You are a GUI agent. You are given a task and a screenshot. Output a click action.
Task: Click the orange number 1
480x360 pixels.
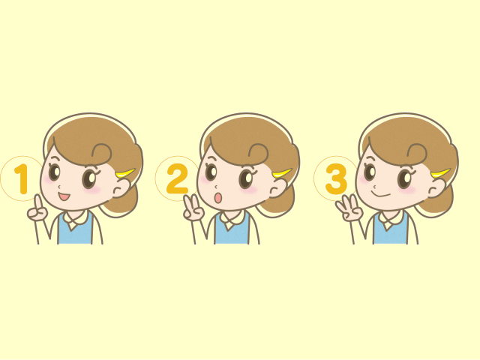point(22,179)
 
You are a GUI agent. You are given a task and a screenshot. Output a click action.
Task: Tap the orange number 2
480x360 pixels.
point(177,178)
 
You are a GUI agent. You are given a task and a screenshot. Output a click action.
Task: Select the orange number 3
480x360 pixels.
point(336,179)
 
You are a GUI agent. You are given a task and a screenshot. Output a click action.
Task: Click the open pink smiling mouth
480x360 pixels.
point(64,196)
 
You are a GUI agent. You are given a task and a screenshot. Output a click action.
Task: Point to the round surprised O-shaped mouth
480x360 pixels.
point(218,198)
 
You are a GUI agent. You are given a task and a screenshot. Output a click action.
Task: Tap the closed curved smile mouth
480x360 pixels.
point(380,194)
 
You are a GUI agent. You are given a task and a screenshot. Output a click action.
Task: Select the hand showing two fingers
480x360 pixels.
point(193,208)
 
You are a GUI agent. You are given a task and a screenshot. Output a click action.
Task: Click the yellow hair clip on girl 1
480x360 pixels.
point(125,173)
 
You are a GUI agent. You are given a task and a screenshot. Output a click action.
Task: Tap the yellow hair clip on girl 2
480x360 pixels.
point(282,173)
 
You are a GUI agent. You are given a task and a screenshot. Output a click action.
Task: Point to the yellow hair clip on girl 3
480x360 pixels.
point(441,173)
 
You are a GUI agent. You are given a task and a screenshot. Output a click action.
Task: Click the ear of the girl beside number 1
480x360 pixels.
point(121,187)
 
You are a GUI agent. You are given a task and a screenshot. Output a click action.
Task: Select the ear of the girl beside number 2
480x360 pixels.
point(277,187)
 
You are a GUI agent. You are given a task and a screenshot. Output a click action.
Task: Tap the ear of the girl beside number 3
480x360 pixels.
point(436,187)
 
